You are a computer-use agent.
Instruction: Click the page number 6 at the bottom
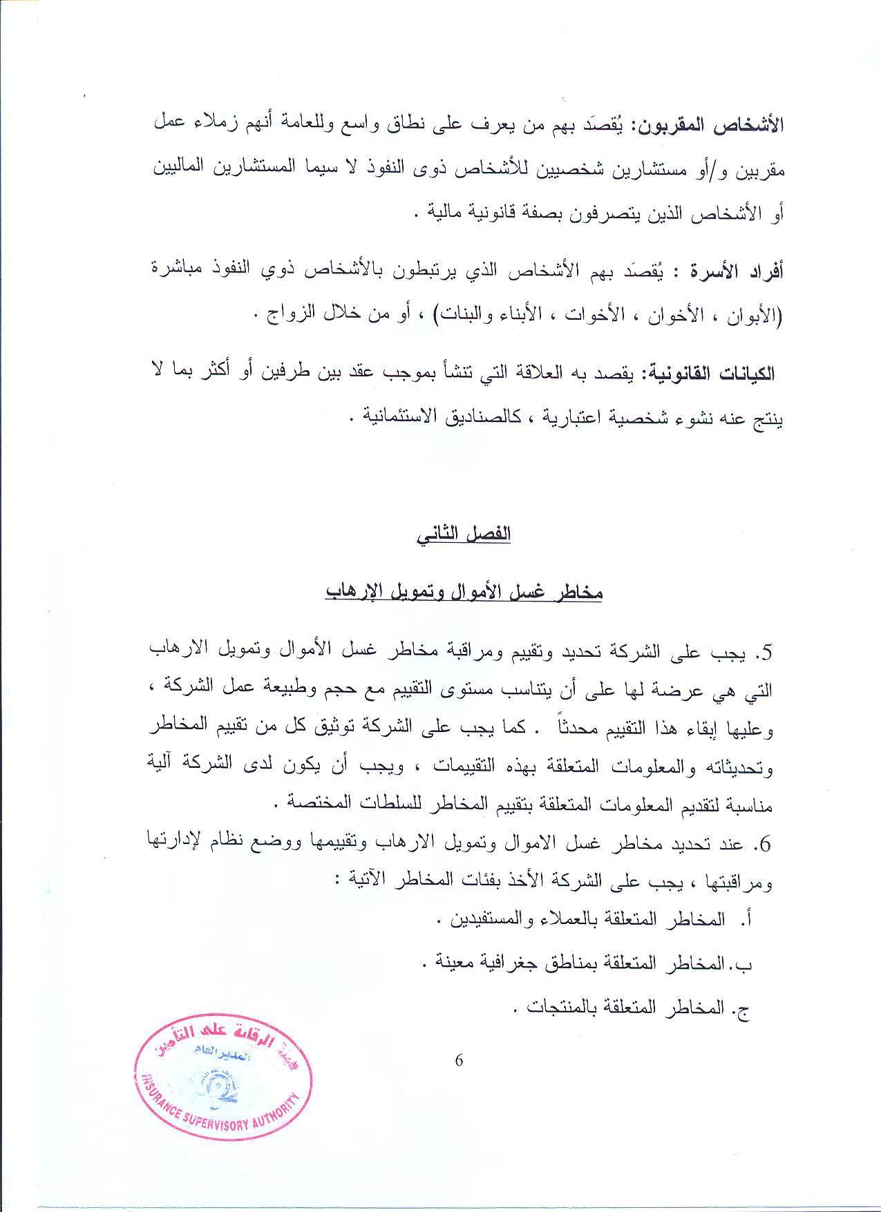[x=459, y=1061]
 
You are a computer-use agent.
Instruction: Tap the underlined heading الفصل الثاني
[x=464, y=535]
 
